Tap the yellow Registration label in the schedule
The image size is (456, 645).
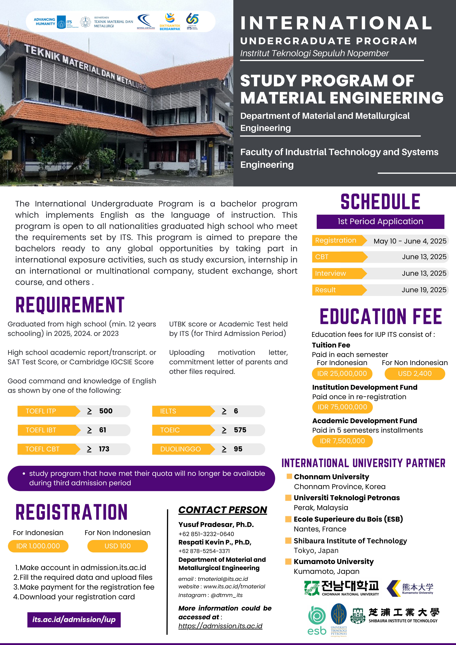[336, 240]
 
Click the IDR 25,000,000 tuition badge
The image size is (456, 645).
[342, 374]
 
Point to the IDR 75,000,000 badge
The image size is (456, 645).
[342, 407]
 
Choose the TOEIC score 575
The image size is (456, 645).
[240, 430]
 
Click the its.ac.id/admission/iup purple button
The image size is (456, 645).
[74, 619]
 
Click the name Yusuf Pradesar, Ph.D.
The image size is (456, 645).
[216, 524]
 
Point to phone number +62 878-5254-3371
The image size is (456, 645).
[204, 551]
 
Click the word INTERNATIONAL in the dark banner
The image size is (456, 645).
[336, 23]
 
